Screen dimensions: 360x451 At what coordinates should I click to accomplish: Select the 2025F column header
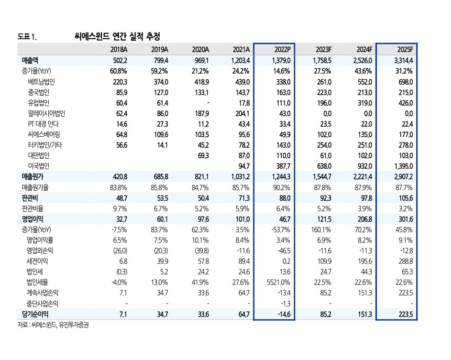coord(404,49)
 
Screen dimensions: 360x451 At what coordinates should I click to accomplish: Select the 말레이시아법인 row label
coord(46,113)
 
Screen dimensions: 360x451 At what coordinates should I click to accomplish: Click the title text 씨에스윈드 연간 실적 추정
coord(117,36)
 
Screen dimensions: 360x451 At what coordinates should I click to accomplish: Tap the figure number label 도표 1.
coord(27,36)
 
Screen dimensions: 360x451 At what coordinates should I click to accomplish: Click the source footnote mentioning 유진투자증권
coord(54,325)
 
